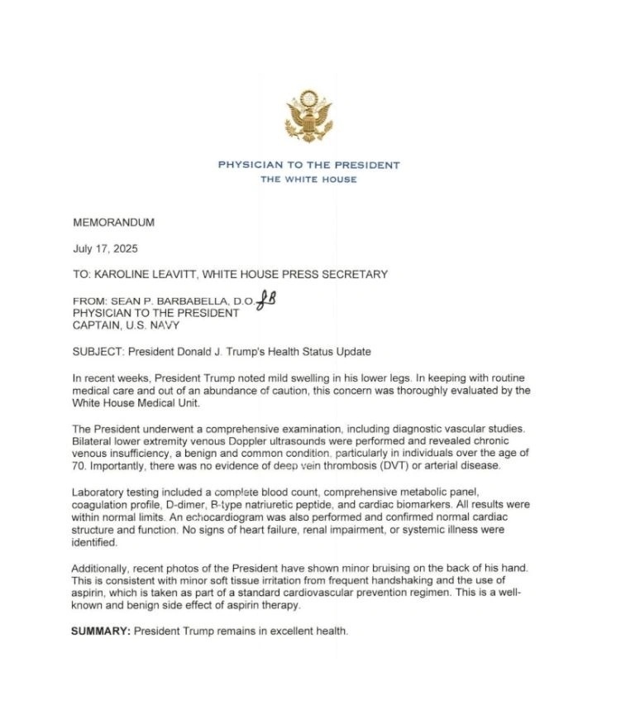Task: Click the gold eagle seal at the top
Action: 308,117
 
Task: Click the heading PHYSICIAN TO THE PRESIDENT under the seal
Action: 308,165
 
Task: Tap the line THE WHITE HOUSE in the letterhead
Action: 308,180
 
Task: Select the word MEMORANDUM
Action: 113,223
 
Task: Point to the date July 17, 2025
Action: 105,248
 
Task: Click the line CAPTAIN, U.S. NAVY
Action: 126,326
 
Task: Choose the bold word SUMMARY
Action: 100,632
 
